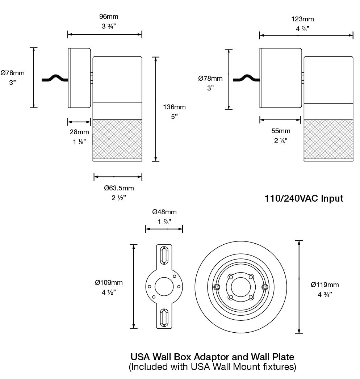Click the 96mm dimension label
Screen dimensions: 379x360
coord(109,17)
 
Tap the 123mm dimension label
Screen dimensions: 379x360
coord(302,19)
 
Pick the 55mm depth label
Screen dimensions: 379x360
coord(281,131)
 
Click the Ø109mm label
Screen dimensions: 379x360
coord(109,283)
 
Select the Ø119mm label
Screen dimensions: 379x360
coord(325,285)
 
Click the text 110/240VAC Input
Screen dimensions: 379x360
coord(304,198)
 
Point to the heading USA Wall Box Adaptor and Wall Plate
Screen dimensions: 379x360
coord(212,358)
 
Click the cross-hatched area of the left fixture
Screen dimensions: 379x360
coord(117,139)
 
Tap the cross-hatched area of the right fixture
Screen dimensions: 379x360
coord(328,139)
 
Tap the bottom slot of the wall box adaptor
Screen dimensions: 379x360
coord(164,317)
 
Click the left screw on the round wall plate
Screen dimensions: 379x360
coord(217,287)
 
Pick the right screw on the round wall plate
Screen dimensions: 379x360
coord(264,287)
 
